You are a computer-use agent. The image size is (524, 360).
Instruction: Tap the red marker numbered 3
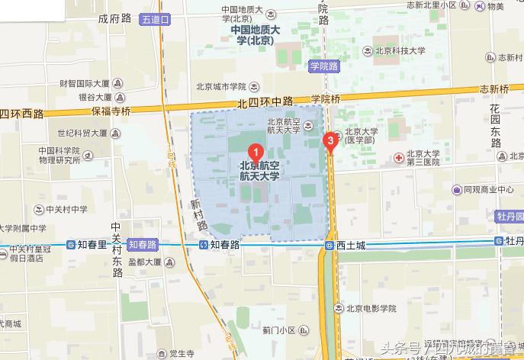click(330, 140)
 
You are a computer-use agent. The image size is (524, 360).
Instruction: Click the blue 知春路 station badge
click(142, 245)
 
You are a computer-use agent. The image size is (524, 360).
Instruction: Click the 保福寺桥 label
click(112, 111)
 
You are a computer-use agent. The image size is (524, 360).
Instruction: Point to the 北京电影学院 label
click(371, 309)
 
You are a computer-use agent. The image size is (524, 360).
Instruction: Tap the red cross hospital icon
click(398, 157)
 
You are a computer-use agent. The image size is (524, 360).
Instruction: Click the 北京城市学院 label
click(221, 86)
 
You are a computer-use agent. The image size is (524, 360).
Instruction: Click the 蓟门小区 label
click(278, 330)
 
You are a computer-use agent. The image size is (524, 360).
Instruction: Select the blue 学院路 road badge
click(323, 66)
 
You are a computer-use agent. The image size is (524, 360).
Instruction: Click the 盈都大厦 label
click(145, 262)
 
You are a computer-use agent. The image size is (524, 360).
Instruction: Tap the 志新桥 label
click(495, 88)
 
